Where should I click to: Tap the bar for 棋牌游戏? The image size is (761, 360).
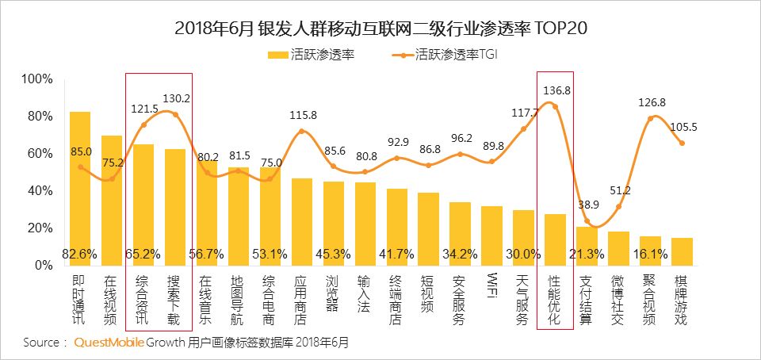(682, 251)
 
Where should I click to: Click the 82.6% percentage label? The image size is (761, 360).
(80, 254)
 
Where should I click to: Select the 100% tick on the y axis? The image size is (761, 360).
(36, 79)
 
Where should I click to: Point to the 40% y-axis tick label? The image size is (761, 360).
(38, 191)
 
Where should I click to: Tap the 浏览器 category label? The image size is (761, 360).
(334, 296)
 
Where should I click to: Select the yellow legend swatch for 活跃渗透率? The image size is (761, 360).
(278, 55)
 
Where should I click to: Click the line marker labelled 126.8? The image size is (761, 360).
(650, 118)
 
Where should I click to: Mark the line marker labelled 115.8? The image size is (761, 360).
(302, 131)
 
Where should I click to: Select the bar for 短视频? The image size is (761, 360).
(428, 229)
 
